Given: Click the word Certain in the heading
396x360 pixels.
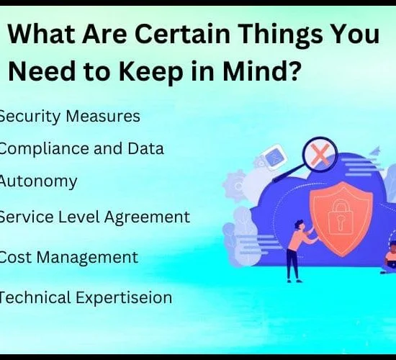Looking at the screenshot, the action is pyautogui.click(x=182, y=34).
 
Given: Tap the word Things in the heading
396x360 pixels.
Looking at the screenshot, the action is pyautogui.click(x=280, y=35).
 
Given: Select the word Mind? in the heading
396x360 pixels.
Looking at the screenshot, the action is pyautogui.click(x=262, y=71).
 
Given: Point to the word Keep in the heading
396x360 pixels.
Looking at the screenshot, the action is pyautogui.click(x=150, y=72).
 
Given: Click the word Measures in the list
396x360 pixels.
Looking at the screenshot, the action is pyautogui.click(x=103, y=116).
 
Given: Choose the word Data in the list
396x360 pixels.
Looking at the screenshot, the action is pyautogui.click(x=145, y=148).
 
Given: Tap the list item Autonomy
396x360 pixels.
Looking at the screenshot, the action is pyautogui.click(x=38, y=182).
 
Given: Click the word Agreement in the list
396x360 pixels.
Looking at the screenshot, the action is pyautogui.click(x=147, y=217).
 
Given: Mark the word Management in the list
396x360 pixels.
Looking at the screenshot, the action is pyautogui.click(x=87, y=258).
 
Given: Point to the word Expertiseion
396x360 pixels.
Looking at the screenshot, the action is pyautogui.click(x=124, y=298).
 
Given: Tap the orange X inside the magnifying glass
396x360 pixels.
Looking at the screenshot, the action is pyautogui.click(x=320, y=155).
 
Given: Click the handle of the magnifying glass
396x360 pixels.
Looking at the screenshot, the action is pyautogui.click(x=289, y=173).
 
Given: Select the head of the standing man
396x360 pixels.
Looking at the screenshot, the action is pyautogui.click(x=300, y=225).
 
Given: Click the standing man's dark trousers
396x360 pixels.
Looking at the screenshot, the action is pyautogui.click(x=293, y=264).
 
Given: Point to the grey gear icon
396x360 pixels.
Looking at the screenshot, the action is pyautogui.click(x=235, y=186).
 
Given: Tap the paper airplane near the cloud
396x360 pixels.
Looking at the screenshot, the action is pyautogui.click(x=375, y=150).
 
